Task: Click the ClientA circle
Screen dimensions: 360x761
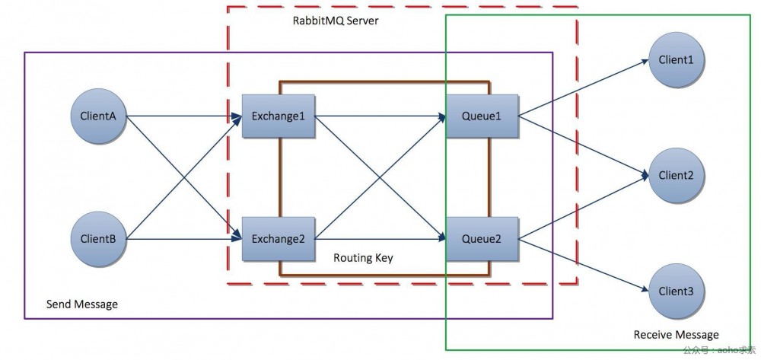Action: coord(97,116)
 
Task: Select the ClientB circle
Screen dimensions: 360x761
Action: coord(97,238)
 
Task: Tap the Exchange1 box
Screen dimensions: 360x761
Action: coord(279,116)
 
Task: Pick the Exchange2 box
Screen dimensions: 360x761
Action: coord(279,239)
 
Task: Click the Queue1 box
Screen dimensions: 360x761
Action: coord(482,116)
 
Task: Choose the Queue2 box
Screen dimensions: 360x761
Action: coord(482,239)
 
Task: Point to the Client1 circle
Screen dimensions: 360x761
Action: coord(676,60)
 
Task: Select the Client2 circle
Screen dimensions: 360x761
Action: coord(676,175)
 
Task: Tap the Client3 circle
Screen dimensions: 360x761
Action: coord(676,291)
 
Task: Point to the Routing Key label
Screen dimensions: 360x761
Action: coord(363,258)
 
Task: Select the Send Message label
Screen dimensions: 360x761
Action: coord(82,304)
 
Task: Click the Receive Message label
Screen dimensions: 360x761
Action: coord(676,335)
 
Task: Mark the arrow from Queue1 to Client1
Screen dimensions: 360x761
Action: coord(582,88)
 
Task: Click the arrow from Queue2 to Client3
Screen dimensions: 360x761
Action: coord(582,264)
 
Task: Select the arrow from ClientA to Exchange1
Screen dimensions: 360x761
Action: coord(183,116)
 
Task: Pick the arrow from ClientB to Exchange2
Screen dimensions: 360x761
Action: coord(183,239)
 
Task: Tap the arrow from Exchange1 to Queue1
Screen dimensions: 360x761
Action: coord(380,116)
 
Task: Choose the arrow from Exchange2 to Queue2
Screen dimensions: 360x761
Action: coord(380,239)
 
